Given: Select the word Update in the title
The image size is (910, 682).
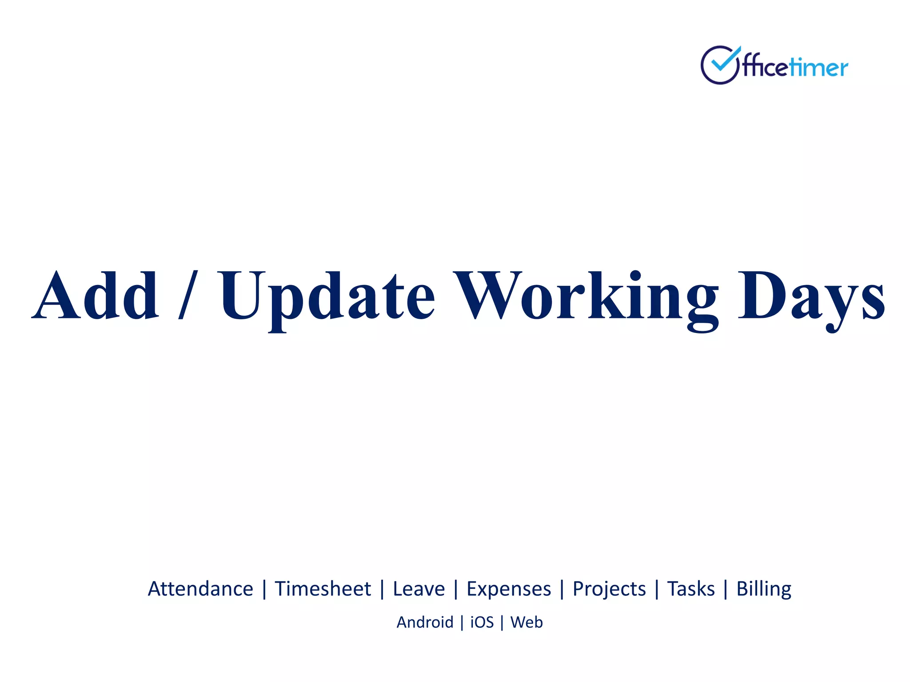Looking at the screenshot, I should [x=327, y=297].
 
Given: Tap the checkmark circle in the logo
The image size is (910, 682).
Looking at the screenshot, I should [x=720, y=65].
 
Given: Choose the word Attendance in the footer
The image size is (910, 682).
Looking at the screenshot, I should [x=200, y=589].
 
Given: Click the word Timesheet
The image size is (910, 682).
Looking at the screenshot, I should [x=323, y=589].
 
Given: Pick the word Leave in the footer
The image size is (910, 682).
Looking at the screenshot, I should [x=419, y=589].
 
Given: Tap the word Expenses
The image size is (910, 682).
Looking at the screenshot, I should [x=508, y=589].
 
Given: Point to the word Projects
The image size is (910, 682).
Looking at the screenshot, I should [x=609, y=589].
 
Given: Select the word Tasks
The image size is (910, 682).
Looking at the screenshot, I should [x=691, y=589].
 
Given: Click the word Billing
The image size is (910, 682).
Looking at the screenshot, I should [x=763, y=589].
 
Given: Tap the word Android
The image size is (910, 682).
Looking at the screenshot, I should [x=425, y=623].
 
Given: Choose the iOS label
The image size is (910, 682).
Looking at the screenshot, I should [x=482, y=623].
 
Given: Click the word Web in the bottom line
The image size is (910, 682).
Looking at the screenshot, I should [x=527, y=623].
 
